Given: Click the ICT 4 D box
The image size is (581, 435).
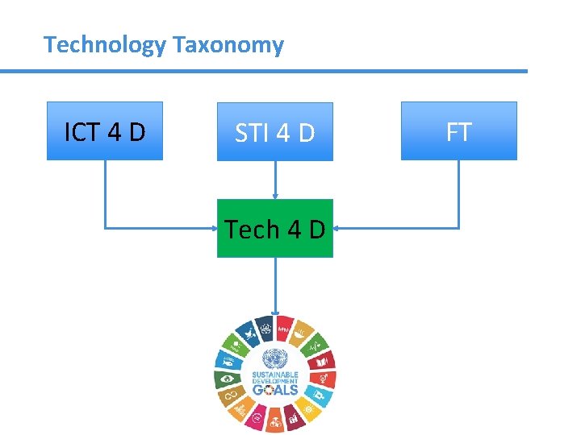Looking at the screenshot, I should pos(105,130).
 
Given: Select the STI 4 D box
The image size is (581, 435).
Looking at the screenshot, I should pos(274,131).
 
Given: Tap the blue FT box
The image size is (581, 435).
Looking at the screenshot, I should pos(458,130).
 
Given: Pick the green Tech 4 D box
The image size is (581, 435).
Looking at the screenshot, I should pos(274,229).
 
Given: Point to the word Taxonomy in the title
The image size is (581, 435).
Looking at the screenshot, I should pos(228,44).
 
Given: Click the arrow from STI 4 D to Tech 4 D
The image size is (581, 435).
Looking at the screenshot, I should pos(275,180).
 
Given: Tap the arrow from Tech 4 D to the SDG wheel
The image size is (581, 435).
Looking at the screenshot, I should pos(275,286).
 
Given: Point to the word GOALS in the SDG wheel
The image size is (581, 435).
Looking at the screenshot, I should pos(274,389).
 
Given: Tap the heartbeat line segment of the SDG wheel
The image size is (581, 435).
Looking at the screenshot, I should pos(316,344).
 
